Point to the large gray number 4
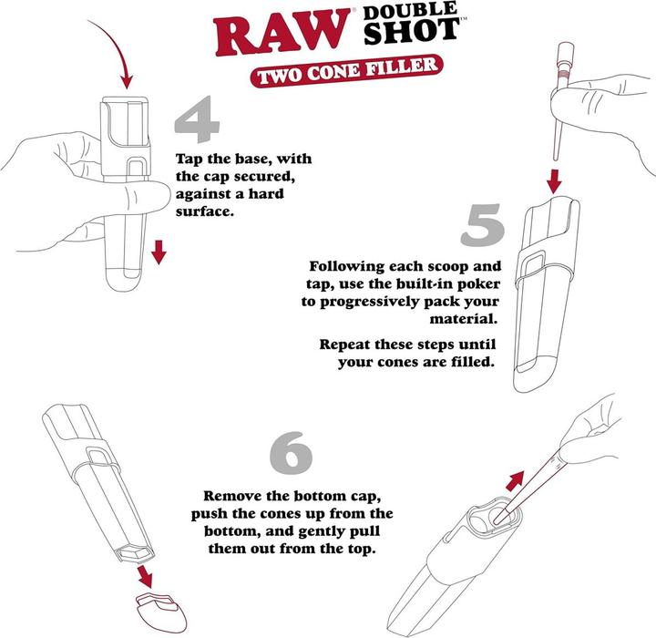201,128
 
